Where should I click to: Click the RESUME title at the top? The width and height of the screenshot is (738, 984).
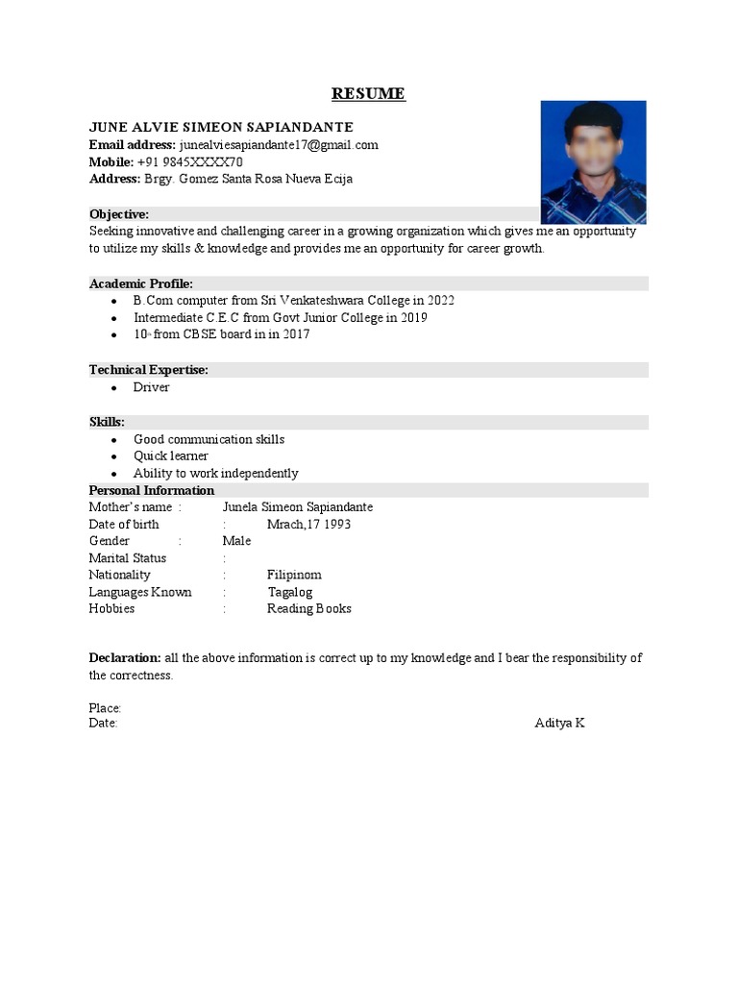click(368, 93)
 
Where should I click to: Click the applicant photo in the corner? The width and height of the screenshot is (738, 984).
click(593, 161)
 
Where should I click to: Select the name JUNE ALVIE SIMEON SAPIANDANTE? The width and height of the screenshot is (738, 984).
click(221, 127)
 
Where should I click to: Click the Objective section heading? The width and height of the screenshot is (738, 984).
click(119, 213)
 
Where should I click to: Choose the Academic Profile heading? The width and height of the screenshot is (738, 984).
click(141, 283)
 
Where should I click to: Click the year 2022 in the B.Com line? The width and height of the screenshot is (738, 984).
click(440, 301)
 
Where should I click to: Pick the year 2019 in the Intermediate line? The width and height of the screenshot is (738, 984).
click(413, 317)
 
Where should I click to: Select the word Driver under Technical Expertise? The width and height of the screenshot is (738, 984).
click(152, 387)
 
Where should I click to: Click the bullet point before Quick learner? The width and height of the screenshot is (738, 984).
click(114, 456)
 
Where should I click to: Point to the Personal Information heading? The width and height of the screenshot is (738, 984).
click(152, 490)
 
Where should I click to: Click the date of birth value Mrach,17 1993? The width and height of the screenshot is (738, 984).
click(308, 525)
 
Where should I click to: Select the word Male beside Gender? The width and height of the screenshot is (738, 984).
click(236, 541)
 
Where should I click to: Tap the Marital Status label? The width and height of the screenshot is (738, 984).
click(128, 558)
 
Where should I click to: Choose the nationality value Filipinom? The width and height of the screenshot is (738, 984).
click(294, 575)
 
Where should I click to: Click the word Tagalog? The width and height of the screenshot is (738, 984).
click(290, 592)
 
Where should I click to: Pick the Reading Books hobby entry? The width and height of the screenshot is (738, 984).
click(309, 608)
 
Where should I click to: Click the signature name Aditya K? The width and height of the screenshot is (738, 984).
click(559, 723)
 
